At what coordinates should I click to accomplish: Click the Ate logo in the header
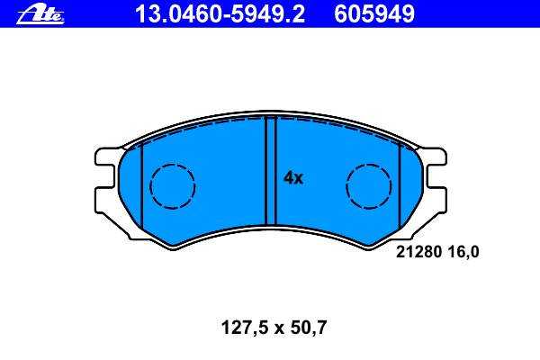pos(40,14)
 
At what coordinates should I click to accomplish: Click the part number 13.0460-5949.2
pos(220,14)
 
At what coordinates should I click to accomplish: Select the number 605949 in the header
pos(374,14)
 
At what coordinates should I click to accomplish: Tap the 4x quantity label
pos(293,178)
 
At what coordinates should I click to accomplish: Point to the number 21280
pos(418,252)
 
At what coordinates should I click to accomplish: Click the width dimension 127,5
pos(245,328)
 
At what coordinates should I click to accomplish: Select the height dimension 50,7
pos(308,328)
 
